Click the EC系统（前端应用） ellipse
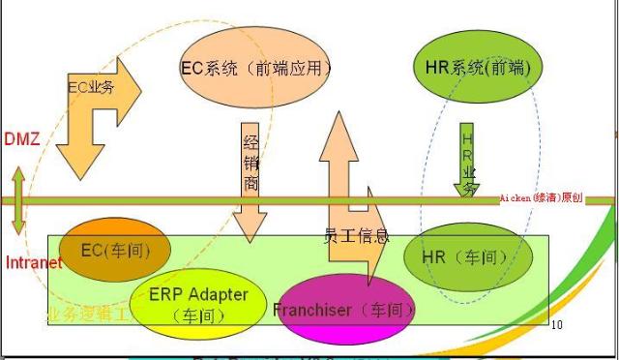[x=256, y=69]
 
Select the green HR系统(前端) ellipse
[x=477, y=68]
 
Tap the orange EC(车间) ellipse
[x=115, y=251]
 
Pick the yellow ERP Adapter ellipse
[x=198, y=302]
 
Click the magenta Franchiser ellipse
[x=345, y=310]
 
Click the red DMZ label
[x=20, y=139]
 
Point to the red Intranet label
[x=34, y=262]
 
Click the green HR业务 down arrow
[x=467, y=160]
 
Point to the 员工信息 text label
[x=356, y=235]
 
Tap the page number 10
[x=556, y=325]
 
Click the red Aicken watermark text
[x=542, y=197]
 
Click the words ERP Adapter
[x=198, y=294]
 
